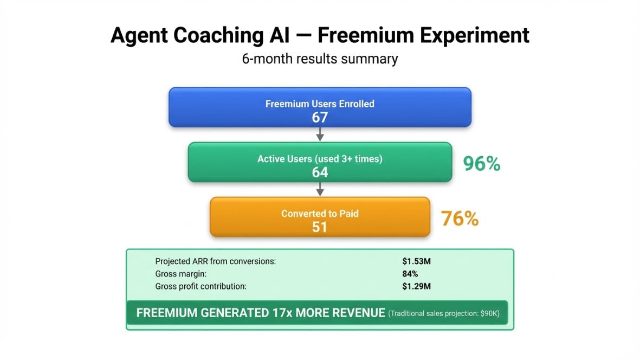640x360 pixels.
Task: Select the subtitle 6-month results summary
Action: [320, 59]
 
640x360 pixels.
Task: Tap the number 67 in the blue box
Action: [320, 118]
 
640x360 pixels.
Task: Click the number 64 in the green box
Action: [320, 172]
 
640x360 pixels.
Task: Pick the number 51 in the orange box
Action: [320, 227]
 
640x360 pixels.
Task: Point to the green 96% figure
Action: [482, 164]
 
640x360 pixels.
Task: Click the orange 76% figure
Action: [460, 218]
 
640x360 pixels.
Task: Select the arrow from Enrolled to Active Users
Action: [320, 134]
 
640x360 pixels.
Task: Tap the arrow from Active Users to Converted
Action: [320, 189]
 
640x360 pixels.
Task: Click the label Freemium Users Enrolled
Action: [320, 104]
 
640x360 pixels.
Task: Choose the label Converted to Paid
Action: [320, 214]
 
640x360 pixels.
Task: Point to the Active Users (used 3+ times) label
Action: [320, 159]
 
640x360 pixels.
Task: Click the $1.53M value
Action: [416, 261]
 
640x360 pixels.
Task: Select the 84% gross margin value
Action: [410, 274]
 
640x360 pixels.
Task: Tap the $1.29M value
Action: [416, 286]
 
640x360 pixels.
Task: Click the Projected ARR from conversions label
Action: [216, 261]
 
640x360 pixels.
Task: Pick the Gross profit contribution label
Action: [201, 286]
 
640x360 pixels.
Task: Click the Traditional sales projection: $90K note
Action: [444, 313]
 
